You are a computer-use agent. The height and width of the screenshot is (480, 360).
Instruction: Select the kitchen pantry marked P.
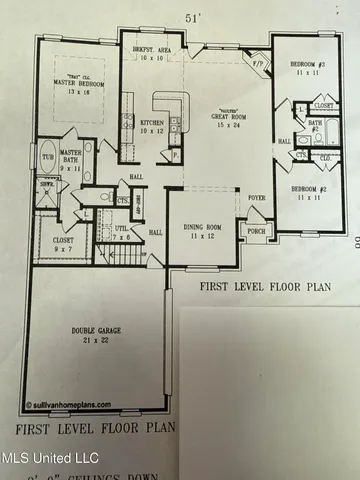tap(176, 155)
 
